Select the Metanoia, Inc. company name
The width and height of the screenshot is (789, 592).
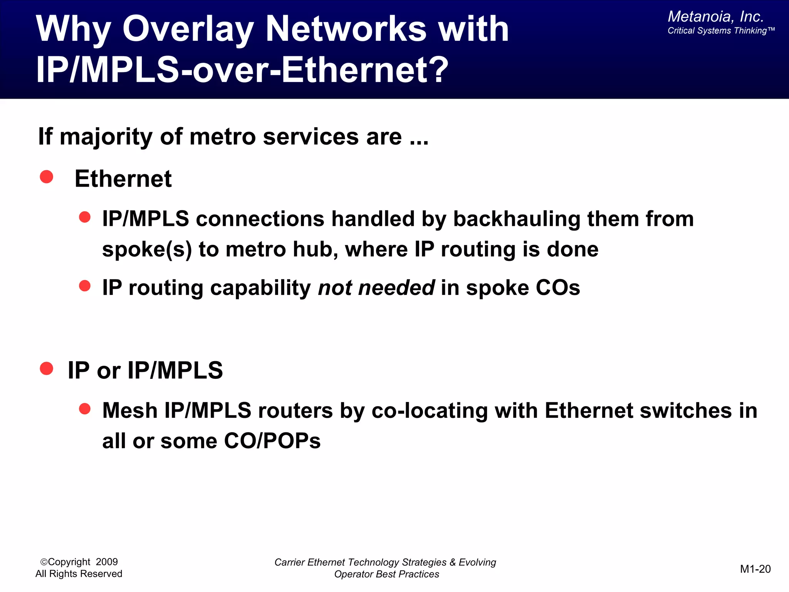click(x=715, y=17)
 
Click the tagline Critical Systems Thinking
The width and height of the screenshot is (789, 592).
click(x=720, y=31)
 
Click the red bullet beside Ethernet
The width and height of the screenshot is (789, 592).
click(x=47, y=177)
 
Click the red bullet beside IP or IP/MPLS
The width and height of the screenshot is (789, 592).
click(x=47, y=368)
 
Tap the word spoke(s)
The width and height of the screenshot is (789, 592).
click(x=147, y=249)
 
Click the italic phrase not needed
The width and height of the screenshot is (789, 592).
click(x=376, y=288)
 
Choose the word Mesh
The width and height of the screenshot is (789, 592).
click(x=130, y=410)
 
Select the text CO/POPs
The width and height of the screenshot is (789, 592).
click(x=272, y=441)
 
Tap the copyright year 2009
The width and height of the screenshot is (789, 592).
click(x=107, y=562)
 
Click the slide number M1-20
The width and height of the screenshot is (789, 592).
click(x=755, y=569)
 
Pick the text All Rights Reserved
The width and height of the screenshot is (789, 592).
click(x=79, y=574)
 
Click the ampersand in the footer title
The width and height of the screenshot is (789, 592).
click(x=453, y=562)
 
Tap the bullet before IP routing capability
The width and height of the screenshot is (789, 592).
click(x=84, y=286)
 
